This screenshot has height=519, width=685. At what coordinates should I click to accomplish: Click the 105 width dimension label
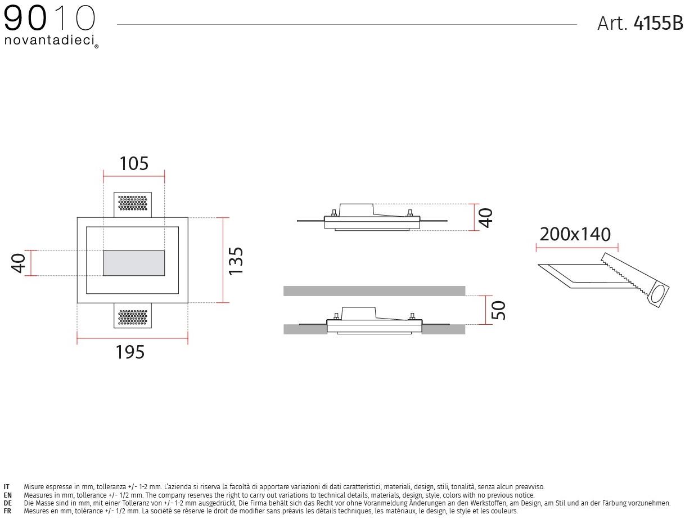[134, 163]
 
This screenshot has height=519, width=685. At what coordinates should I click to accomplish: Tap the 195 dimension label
[130, 352]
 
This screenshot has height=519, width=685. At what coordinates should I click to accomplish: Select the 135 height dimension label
[236, 261]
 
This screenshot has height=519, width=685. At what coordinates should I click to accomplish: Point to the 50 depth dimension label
[498, 310]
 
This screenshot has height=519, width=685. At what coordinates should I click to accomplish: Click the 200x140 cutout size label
[575, 234]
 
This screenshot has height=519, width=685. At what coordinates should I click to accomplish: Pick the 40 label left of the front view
[19, 263]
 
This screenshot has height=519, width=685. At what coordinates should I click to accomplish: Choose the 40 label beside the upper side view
[485, 218]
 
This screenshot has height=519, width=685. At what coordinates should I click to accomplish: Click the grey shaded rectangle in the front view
[134, 263]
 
